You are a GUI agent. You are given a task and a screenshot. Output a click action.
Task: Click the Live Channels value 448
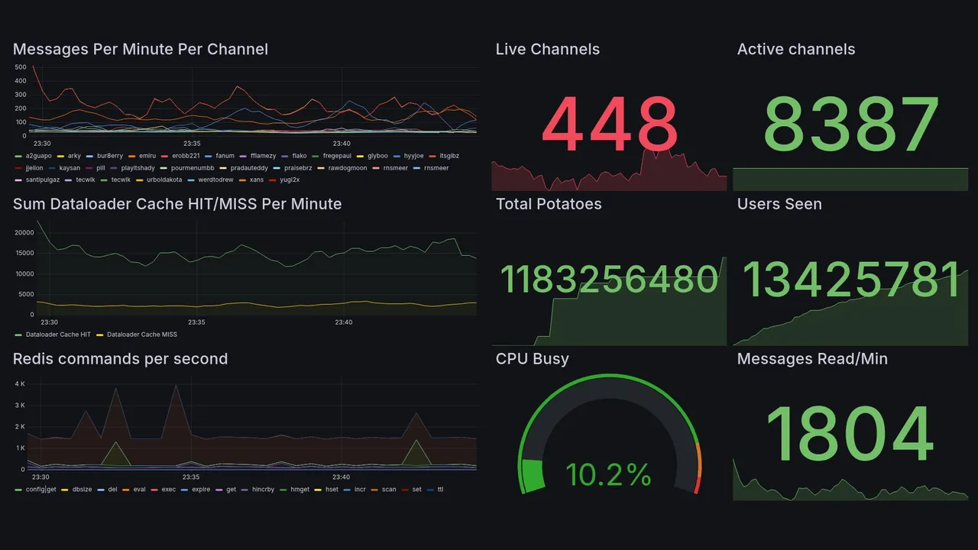pyautogui.click(x=610, y=125)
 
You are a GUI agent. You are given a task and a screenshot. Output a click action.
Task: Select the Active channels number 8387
pyautogui.click(x=850, y=125)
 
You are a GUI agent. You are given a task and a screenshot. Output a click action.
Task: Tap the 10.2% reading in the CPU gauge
pyautogui.click(x=608, y=475)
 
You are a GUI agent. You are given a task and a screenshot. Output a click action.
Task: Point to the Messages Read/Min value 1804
pyautogui.click(x=850, y=435)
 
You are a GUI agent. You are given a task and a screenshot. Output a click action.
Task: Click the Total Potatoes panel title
pyautogui.click(x=548, y=204)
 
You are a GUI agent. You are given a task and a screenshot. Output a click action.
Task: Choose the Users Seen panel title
pyautogui.click(x=779, y=204)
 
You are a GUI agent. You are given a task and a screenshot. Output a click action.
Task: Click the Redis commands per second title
pyautogui.click(x=120, y=359)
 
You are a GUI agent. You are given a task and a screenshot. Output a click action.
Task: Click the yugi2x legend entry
pyautogui.click(x=290, y=180)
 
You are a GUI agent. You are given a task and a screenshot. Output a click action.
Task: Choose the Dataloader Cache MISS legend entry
pyautogui.click(x=141, y=335)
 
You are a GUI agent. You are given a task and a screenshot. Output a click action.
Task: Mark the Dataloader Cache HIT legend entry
pyautogui.click(x=57, y=335)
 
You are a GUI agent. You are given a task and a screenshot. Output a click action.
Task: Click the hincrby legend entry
pyautogui.click(x=265, y=490)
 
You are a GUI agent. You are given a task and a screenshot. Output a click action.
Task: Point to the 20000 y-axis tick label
pyautogui.click(x=24, y=233)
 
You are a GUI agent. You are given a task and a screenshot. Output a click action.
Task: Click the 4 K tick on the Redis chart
pyautogui.click(x=20, y=383)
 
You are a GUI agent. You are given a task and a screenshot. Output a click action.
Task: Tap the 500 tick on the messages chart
pyautogui.click(x=20, y=67)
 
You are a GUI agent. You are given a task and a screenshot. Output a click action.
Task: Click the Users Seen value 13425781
pyautogui.click(x=850, y=280)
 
